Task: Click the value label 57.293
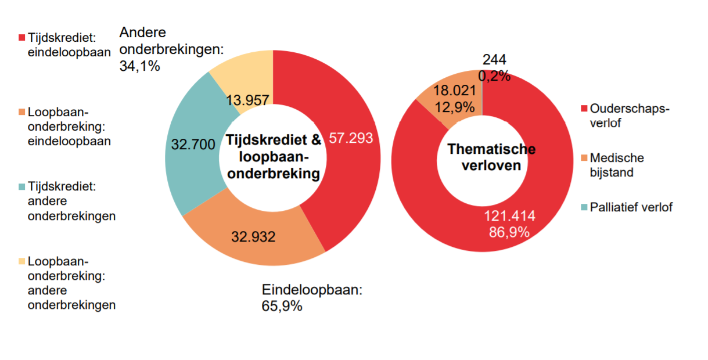click(x=351, y=138)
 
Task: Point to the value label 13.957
click(x=247, y=100)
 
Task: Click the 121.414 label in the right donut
click(x=509, y=217)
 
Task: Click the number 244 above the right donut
click(x=494, y=60)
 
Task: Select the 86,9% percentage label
click(x=509, y=232)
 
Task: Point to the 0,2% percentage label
click(x=494, y=75)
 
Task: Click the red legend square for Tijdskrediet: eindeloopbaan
click(x=21, y=37)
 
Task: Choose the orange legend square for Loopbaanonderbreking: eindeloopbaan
click(x=21, y=112)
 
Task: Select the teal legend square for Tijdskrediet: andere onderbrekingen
click(x=21, y=186)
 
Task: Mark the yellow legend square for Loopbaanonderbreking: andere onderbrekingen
click(x=21, y=261)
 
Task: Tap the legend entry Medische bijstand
click(x=616, y=165)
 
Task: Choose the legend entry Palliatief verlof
click(x=631, y=207)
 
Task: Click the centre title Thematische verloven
click(x=491, y=157)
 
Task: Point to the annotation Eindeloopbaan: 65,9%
click(x=312, y=298)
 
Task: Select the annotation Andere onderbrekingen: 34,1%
click(x=171, y=49)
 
